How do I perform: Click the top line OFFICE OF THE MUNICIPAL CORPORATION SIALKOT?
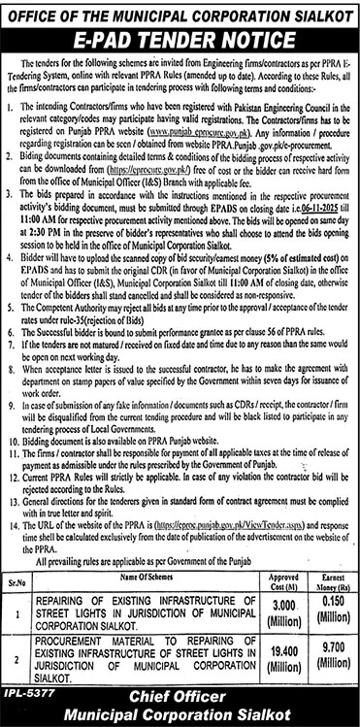point(180,11)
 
